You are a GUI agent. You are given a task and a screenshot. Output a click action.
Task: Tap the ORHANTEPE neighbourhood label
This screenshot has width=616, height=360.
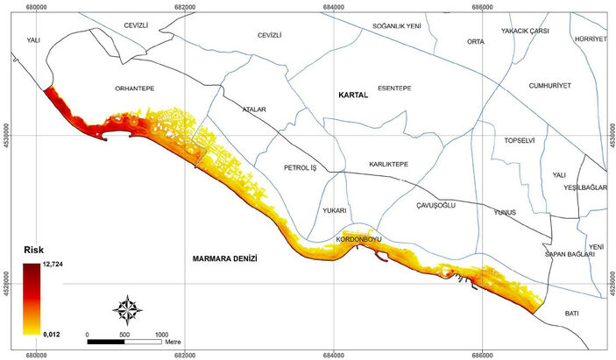coord(134,88)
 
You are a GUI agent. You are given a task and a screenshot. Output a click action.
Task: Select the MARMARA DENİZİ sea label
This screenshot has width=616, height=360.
coord(229,260)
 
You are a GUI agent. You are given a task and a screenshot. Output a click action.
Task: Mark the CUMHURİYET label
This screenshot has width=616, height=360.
coord(549,86)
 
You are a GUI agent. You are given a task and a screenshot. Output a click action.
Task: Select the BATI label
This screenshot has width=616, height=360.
coord(572,313)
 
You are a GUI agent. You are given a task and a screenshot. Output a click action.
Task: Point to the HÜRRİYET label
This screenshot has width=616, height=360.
coord(591,40)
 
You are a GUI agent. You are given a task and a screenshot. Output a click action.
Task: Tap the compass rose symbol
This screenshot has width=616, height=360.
coord(130,309)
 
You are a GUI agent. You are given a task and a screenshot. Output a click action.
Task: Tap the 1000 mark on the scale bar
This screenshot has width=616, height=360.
coord(162,335)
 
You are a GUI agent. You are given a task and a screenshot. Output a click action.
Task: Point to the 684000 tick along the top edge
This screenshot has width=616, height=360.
coord(335,6)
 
